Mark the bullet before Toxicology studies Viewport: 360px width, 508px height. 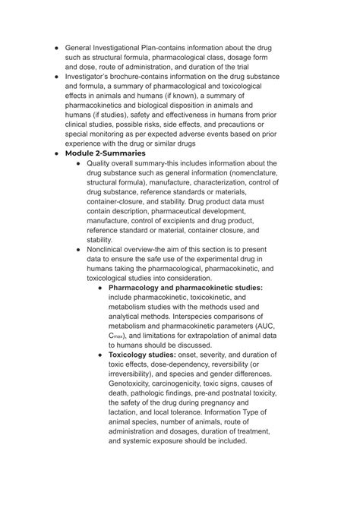tap(101, 355)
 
